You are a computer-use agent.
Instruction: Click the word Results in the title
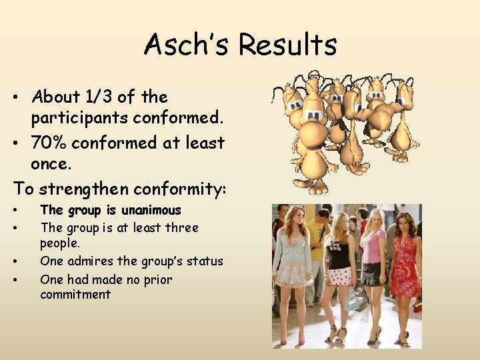tap(287, 45)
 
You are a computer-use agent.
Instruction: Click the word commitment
tap(75, 295)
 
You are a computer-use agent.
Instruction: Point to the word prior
tap(157, 280)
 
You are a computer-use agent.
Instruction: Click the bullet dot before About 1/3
tap(14, 98)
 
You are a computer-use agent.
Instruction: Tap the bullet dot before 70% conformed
tap(14, 143)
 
